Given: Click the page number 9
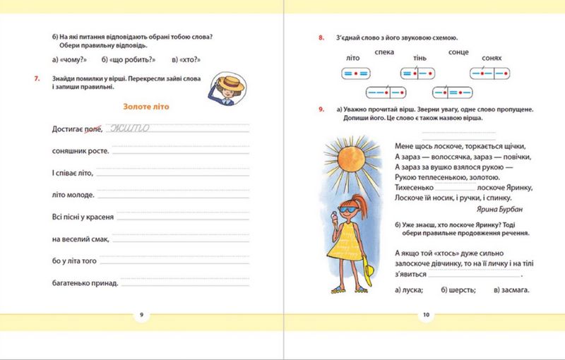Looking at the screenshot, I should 142,315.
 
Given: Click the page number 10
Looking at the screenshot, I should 426,315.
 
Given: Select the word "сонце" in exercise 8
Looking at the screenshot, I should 458,52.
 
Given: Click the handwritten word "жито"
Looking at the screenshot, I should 129,128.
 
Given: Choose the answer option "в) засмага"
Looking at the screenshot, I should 512,289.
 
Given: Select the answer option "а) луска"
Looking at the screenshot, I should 409,289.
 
